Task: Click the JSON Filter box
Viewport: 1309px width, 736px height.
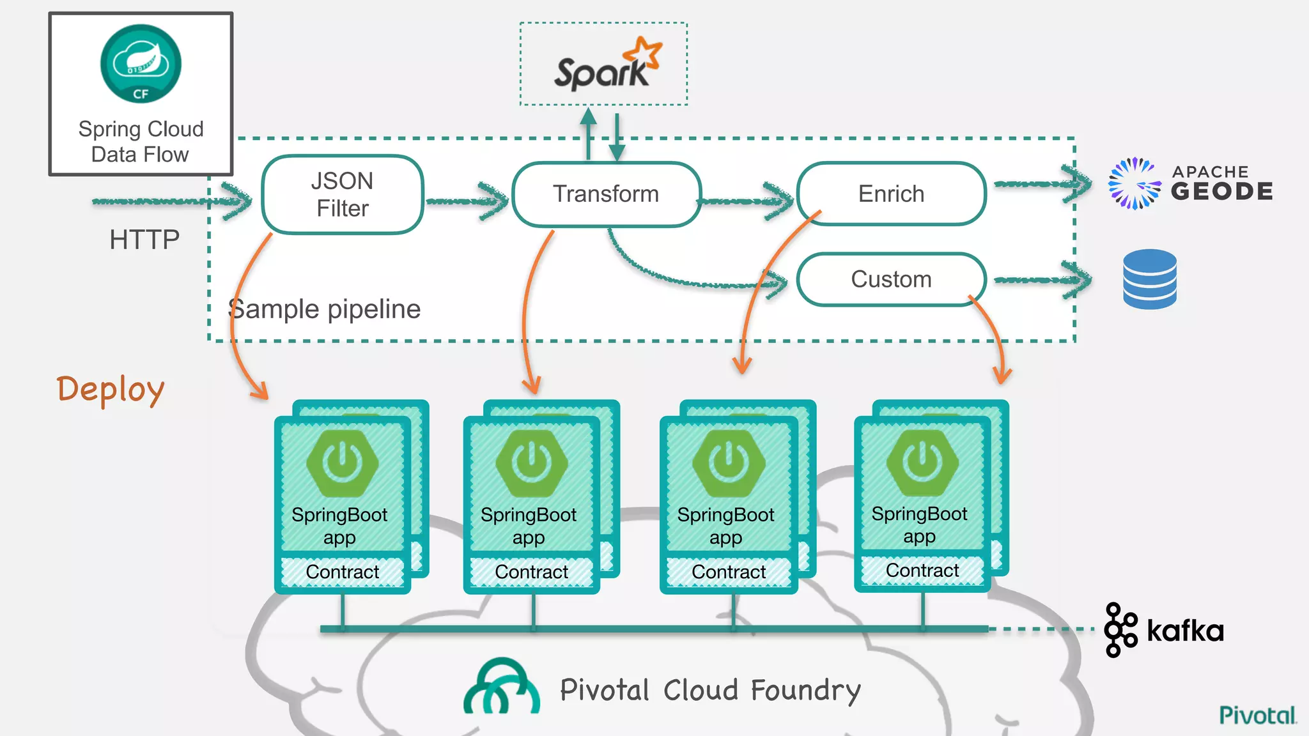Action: click(x=343, y=194)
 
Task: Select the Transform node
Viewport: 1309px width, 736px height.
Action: click(x=606, y=194)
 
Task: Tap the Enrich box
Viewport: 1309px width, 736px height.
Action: click(x=891, y=194)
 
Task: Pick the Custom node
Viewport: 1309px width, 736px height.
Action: click(x=891, y=279)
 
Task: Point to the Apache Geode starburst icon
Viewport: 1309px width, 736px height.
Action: click(x=1134, y=184)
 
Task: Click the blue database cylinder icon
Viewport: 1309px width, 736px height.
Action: click(x=1149, y=280)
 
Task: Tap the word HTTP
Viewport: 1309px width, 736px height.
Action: click(x=144, y=240)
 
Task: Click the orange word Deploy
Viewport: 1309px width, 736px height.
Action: click(x=111, y=390)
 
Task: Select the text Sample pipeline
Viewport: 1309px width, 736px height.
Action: click(x=325, y=309)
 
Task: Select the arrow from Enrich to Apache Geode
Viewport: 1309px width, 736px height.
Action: click(x=1042, y=184)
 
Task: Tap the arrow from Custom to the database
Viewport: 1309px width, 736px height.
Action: click(x=1042, y=280)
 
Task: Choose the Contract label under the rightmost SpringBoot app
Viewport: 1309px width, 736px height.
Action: click(x=922, y=570)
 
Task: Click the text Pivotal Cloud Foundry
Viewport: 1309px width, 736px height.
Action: click(x=709, y=691)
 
